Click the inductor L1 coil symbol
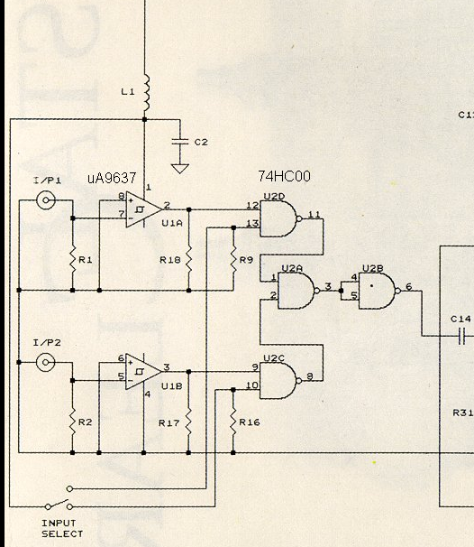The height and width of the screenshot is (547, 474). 146,92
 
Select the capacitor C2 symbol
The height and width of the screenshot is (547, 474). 180,142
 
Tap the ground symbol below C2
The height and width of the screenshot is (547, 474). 180,169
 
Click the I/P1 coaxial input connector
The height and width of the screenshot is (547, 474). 46,200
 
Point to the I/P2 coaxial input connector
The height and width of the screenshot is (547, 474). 46,363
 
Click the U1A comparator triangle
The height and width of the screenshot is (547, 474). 143,209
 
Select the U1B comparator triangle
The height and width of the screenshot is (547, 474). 143,372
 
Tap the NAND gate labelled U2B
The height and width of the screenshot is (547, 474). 379,291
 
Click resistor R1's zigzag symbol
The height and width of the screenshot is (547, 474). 72,260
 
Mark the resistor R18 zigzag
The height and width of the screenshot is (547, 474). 188,260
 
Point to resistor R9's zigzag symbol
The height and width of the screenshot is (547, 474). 233,260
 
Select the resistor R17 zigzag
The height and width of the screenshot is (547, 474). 188,422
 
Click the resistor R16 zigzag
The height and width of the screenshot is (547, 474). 233,422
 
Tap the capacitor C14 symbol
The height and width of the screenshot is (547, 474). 461,336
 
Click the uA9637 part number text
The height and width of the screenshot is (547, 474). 112,178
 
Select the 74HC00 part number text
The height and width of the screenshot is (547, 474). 284,176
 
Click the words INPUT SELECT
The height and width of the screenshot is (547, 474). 62,529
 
